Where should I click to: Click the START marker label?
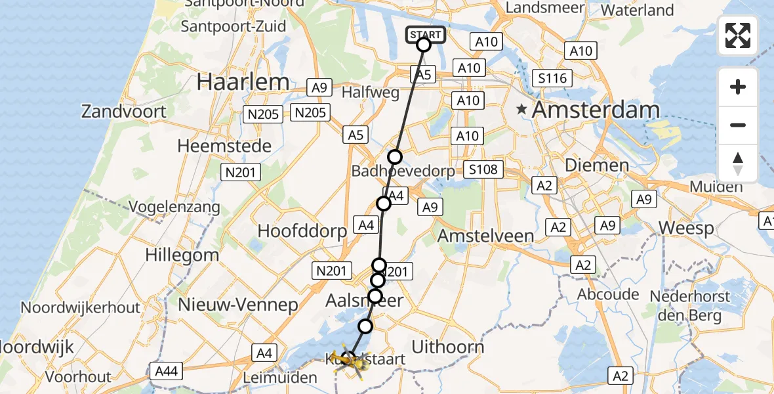(426, 34)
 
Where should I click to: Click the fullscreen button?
(738, 35)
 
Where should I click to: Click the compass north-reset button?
(738, 164)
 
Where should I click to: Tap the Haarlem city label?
(243, 82)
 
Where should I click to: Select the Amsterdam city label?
(595, 110)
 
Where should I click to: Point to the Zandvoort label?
(124, 111)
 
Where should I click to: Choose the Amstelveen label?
(486, 236)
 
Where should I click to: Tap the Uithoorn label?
(449, 347)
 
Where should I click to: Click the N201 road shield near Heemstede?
(241, 173)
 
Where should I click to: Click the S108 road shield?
(483, 170)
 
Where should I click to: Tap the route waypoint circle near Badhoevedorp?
(394, 157)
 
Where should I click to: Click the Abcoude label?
(607, 294)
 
